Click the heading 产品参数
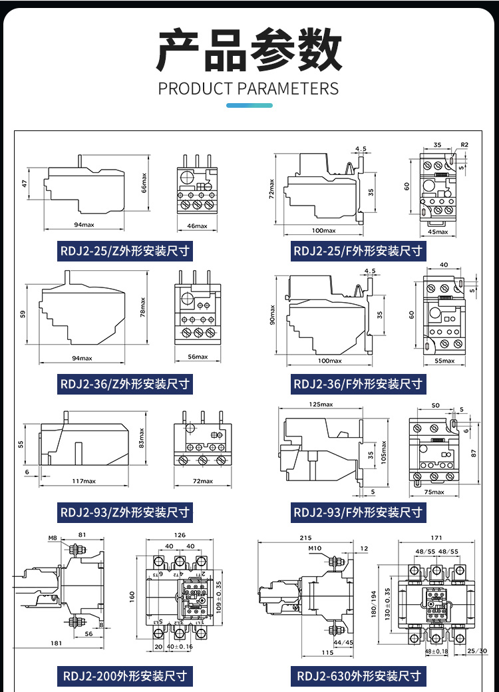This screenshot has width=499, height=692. point(249,51)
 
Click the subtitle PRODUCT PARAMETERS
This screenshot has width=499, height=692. point(249,88)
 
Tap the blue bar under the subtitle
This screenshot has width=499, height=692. point(249,105)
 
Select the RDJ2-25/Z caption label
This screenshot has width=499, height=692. point(125,252)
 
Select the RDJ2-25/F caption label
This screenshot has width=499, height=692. point(358,252)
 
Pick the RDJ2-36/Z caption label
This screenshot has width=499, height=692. point(125,384)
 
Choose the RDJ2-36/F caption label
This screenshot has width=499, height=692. point(358,384)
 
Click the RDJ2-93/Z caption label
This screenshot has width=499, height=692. point(125,512)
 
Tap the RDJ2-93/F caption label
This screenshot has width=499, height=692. point(358,512)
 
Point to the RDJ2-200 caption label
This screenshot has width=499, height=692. point(125,676)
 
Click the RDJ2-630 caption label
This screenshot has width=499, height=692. point(359,676)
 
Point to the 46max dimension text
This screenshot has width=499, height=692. point(197,226)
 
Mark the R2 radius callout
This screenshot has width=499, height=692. point(464,144)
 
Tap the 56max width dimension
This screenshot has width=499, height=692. point(197,357)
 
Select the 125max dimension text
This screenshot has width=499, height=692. point(321,404)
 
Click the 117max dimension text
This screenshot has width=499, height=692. point(84,481)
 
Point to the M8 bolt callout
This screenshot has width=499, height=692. point(53,538)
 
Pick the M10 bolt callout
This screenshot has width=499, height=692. point(315,548)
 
